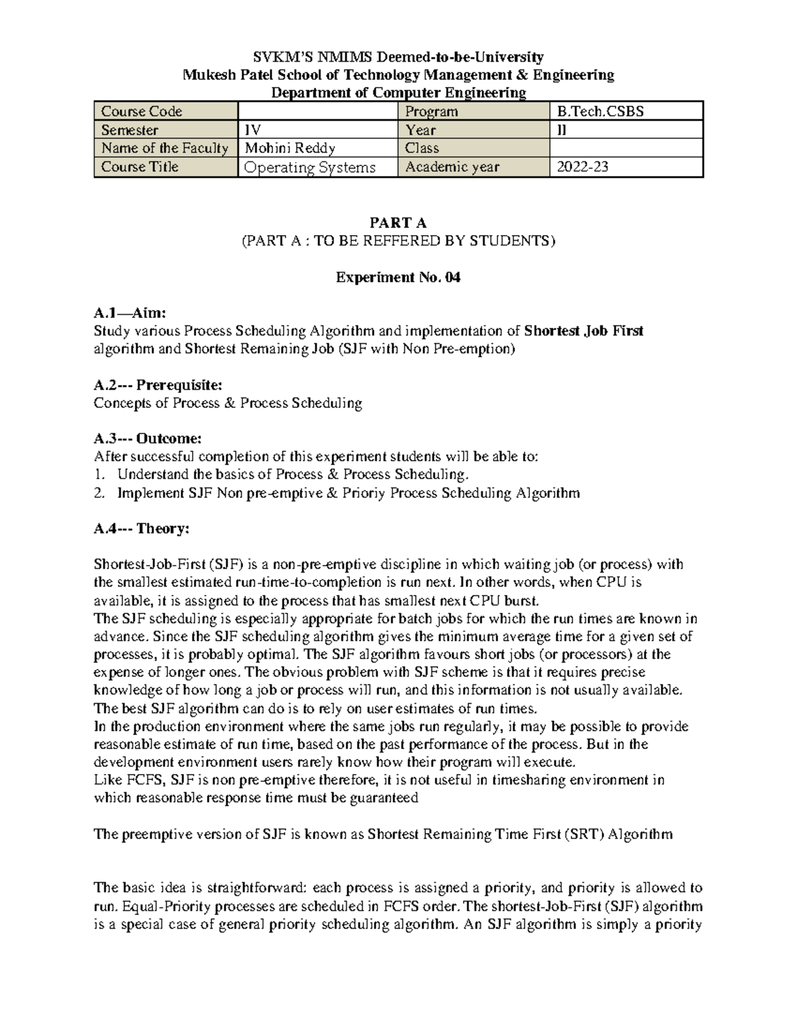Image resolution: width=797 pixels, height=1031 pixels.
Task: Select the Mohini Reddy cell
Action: point(290,148)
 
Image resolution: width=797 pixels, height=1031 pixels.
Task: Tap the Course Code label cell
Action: point(141,112)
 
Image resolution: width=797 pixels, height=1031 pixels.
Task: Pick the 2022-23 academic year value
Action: point(582,167)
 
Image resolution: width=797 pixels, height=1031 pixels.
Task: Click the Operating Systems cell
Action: point(310,167)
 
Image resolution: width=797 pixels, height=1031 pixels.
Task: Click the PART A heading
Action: point(398,223)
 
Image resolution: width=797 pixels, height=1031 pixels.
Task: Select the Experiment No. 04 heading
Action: point(398,278)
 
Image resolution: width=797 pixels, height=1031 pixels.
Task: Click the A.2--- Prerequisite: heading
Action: point(158,385)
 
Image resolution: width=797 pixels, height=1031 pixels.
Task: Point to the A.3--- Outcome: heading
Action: point(147,439)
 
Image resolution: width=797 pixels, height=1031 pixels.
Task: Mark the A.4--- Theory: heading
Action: point(141,528)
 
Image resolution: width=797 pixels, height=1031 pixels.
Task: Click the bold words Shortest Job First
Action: point(584,331)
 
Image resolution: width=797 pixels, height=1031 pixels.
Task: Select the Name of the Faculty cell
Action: point(165,148)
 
